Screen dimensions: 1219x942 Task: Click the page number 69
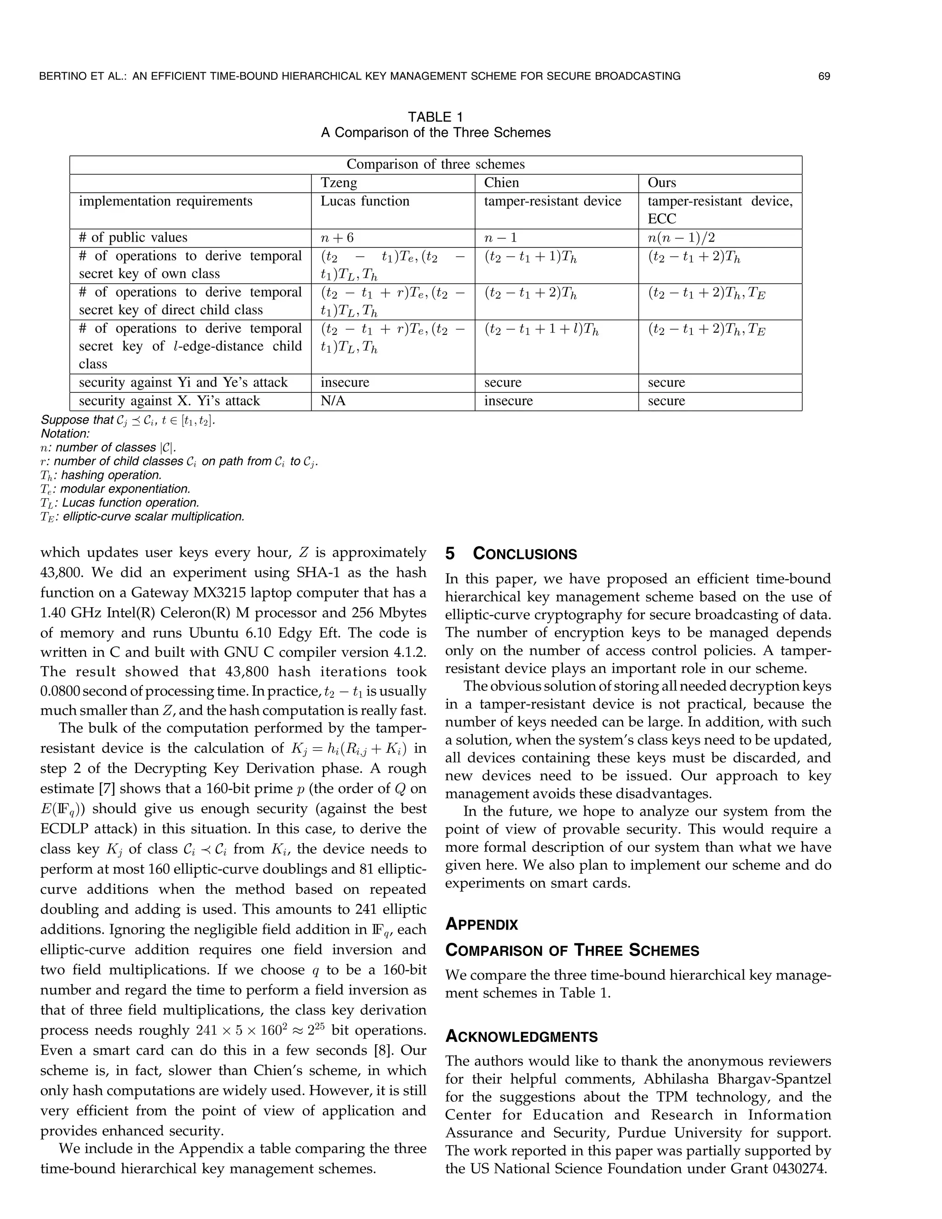tap(824, 76)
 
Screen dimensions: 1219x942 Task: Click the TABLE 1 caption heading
tap(435, 117)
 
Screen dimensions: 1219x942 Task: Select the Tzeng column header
tap(339, 183)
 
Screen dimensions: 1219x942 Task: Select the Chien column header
tap(501, 183)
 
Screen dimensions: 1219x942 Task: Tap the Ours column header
tap(661, 183)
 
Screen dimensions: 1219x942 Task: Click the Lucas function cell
tap(364, 201)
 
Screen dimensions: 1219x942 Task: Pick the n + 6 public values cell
tap(337, 238)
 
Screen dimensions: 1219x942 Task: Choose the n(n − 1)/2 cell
tap(681, 238)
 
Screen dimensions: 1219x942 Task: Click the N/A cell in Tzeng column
tap(333, 401)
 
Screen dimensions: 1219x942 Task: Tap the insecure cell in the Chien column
tap(508, 401)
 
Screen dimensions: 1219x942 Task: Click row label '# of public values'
tap(133, 238)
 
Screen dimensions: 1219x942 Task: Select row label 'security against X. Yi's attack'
tap(169, 401)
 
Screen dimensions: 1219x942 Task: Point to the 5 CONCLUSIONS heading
tap(511, 554)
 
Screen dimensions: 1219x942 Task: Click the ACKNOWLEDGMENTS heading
tap(521, 1037)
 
